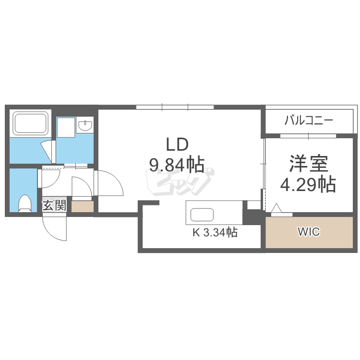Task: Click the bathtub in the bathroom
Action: pyautogui.click(x=31, y=124)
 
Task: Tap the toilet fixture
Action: pyautogui.click(x=24, y=204)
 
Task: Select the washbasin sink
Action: pyautogui.click(x=85, y=126)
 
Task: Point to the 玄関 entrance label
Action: pyautogui.click(x=54, y=206)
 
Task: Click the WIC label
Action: pyautogui.click(x=308, y=232)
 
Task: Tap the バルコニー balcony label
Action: pyautogui.click(x=308, y=120)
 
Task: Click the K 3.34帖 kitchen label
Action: pyautogui.click(x=215, y=233)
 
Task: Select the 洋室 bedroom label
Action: pyautogui.click(x=308, y=164)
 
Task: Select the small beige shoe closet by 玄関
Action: pyautogui.click(x=83, y=206)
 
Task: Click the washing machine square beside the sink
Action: pyautogui.click(x=66, y=128)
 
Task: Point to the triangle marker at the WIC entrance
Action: pyautogui.click(x=276, y=208)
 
